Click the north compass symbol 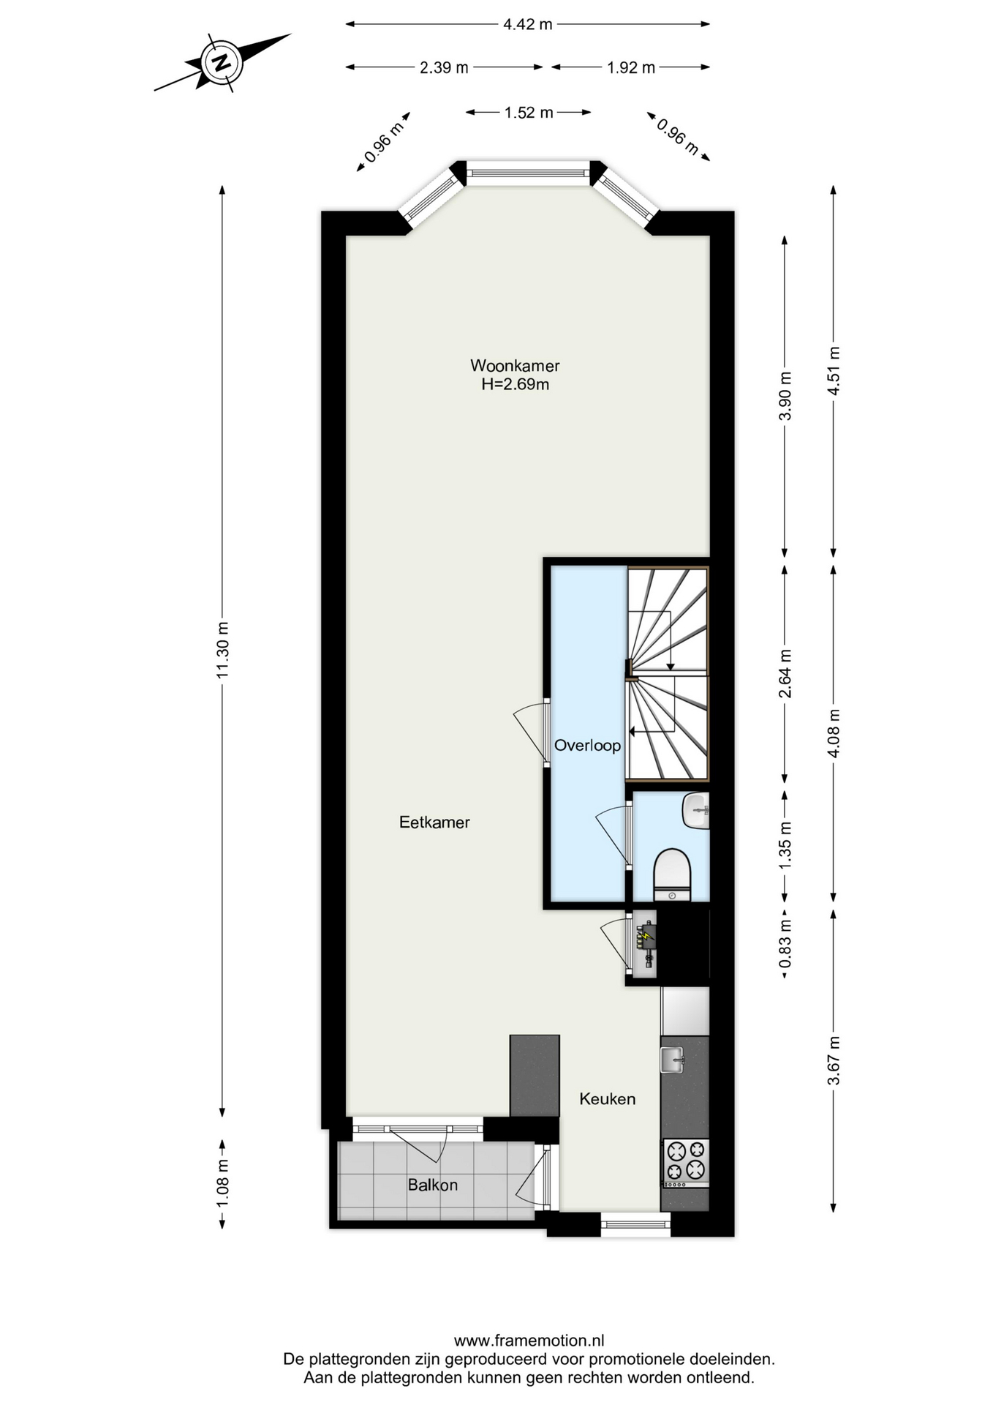[x=220, y=62]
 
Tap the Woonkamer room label [x=515, y=365]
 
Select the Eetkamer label [x=434, y=822]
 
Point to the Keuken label [x=607, y=1098]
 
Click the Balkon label [x=433, y=1185]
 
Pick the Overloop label [x=587, y=745]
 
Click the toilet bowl [x=671, y=874]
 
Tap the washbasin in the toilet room [x=696, y=811]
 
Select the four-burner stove [x=685, y=1163]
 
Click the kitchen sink [x=672, y=1059]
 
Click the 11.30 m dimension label [x=222, y=650]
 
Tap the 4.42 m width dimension [x=528, y=24]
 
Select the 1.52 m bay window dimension [x=529, y=113]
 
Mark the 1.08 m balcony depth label [x=222, y=1183]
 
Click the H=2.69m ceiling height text [x=515, y=384]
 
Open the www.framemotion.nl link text [x=529, y=1341]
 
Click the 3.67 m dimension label [x=834, y=1061]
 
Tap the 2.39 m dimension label [x=444, y=67]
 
